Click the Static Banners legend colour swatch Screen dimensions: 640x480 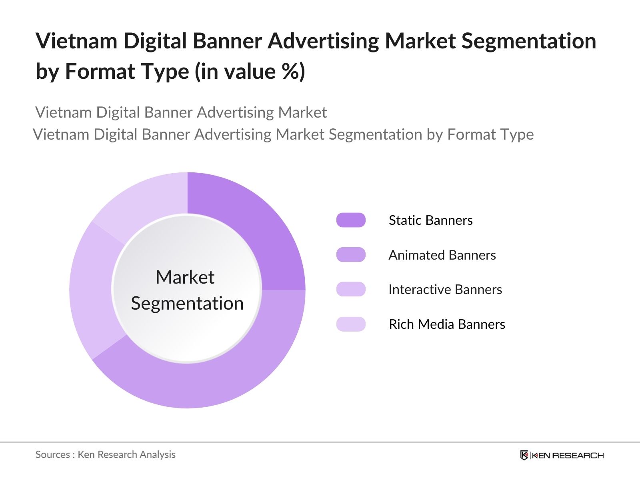[351, 220]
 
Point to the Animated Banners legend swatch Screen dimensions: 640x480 [351, 255]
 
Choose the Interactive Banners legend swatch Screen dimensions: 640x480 [351, 289]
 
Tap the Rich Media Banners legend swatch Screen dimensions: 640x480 [351, 324]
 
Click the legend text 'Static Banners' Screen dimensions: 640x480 [431, 220]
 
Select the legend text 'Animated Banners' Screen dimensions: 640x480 [442, 255]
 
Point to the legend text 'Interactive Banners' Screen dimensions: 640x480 [445, 290]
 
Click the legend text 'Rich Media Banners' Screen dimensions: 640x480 [447, 324]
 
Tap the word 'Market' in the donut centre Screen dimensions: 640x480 [185, 277]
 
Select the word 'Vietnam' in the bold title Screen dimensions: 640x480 [76, 41]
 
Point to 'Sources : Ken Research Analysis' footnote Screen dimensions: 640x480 [105, 455]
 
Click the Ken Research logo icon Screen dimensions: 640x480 [524, 455]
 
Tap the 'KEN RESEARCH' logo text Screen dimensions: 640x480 [568, 456]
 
